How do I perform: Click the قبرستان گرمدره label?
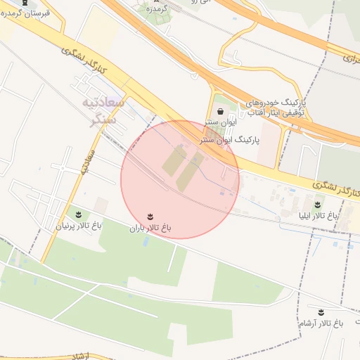[28, 13]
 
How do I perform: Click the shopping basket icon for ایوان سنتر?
[221, 111]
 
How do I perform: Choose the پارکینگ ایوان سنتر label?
[230, 140]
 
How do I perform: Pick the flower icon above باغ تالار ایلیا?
[320, 203]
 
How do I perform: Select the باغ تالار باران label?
[150, 228]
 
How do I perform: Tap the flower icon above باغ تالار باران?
[150, 216]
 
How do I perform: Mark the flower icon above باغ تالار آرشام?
[321, 311]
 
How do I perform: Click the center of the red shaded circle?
[180, 179]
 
